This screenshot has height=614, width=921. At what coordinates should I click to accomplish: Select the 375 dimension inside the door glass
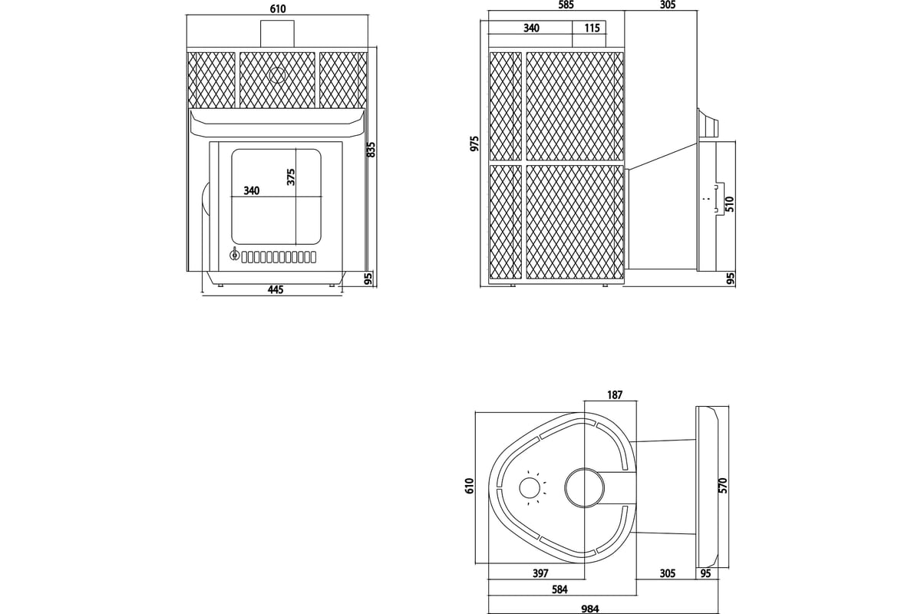click(x=291, y=177)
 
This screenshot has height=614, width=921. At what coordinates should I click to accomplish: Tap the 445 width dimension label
click(x=276, y=290)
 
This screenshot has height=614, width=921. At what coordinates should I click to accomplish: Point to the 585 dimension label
click(x=566, y=5)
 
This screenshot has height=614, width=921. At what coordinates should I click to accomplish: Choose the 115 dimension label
click(x=592, y=28)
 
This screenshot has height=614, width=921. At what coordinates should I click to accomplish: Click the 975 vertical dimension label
click(x=475, y=144)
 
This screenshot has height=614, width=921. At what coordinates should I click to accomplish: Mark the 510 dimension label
click(x=730, y=204)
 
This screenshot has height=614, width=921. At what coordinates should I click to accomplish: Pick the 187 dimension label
click(x=615, y=394)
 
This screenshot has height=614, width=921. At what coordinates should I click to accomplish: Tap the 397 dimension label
click(x=540, y=573)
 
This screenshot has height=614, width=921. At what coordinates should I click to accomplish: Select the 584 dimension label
click(x=560, y=589)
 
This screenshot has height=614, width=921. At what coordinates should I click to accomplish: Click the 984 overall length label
click(x=590, y=609)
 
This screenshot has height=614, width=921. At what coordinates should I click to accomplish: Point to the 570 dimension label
click(x=724, y=485)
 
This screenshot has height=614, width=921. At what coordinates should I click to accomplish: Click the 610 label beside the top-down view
click(x=470, y=486)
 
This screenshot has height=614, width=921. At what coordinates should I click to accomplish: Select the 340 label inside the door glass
click(x=252, y=190)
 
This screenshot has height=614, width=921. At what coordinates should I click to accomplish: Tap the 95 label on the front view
click(x=368, y=279)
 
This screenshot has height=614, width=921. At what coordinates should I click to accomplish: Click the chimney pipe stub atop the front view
click(x=277, y=33)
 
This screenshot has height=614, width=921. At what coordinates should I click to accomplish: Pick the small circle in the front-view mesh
click(x=277, y=75)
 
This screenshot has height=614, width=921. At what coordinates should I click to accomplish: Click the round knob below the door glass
click(x=234, y=256)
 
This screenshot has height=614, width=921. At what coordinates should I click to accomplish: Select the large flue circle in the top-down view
click(x=584, y=487)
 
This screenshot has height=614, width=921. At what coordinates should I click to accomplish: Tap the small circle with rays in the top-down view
click(x=530, y=487)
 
